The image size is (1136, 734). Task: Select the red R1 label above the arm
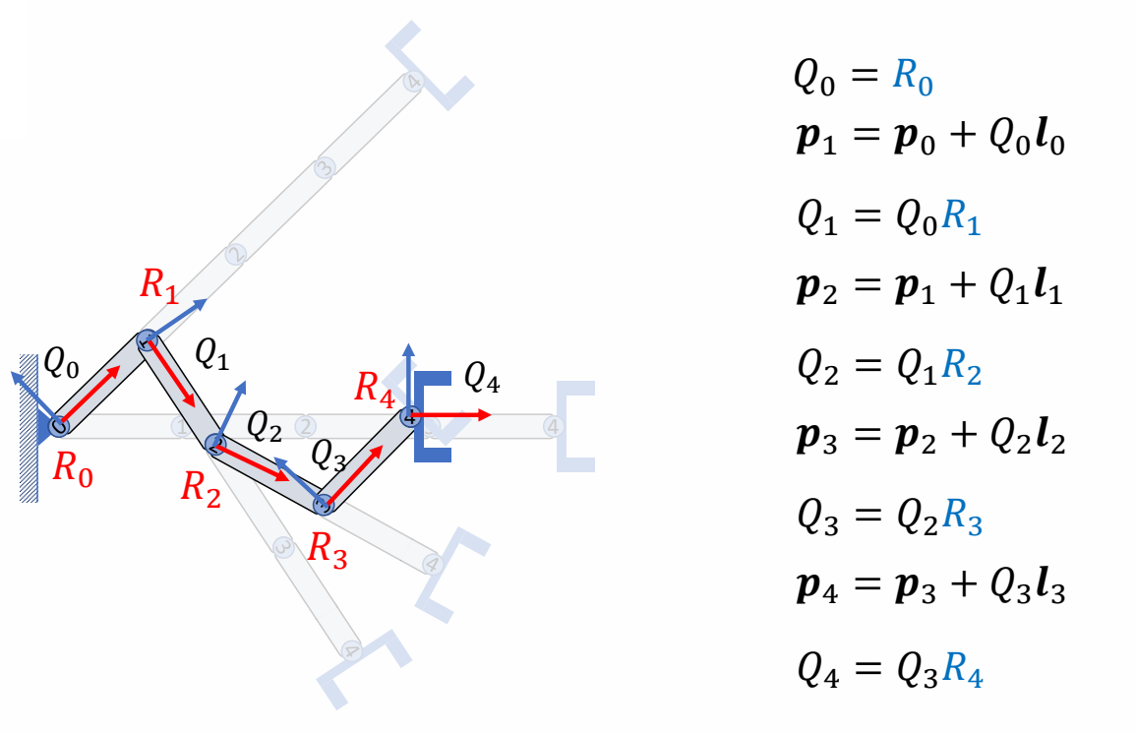[159, 285]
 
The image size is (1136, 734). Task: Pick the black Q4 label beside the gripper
[482, 379]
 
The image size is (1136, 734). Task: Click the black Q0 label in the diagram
[61, 363]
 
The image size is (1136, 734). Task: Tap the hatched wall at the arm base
[29, 427]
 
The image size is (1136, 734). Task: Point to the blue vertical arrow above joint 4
[409, 374]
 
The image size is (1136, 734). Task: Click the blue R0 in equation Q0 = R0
[912, 79]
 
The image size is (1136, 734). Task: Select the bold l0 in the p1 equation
[1047, 143]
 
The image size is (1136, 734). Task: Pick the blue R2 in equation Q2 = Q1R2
[961, 368]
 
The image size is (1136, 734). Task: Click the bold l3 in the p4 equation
[1047, 588]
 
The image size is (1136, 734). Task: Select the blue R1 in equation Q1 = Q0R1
[961, 220]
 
